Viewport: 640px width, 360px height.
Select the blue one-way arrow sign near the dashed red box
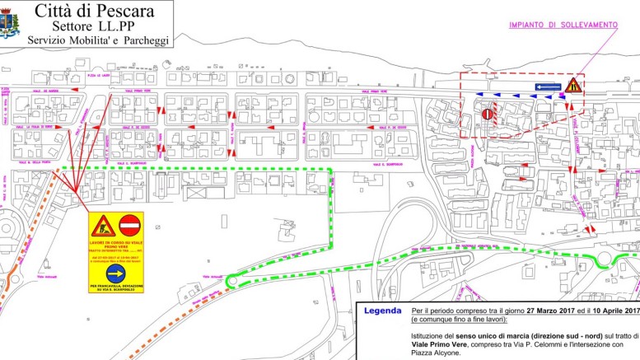[548, 86]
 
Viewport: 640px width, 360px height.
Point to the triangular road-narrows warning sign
[574, 84]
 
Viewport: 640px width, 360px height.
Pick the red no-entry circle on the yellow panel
[130, 225]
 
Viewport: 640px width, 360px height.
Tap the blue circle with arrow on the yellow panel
[115, 272]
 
